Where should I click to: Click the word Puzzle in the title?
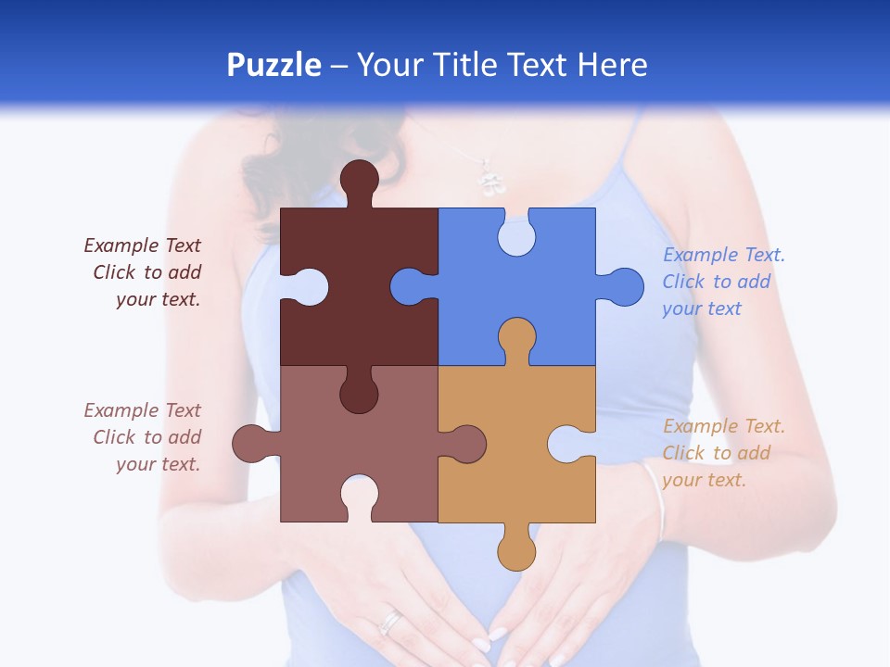tap(274, 66)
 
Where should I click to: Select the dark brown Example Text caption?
tap(145, 272)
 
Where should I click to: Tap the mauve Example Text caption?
tap(145, 437)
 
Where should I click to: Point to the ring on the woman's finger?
tap(391, 622)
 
